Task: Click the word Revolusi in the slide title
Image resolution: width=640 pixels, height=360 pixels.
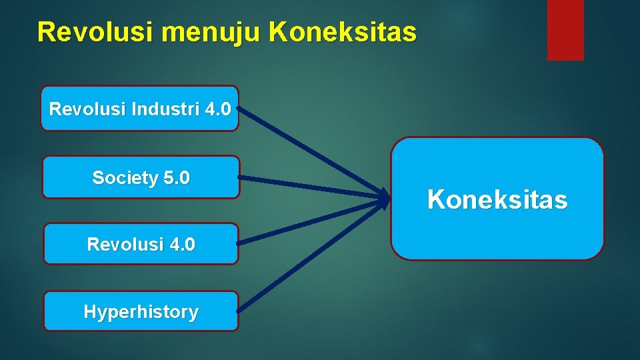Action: [x=77, y=31]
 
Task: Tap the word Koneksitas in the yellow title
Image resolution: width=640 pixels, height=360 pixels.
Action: [x=343, y=31]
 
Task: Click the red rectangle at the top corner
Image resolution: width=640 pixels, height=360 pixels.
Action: [x=565, y=29]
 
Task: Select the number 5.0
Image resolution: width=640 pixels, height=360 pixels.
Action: [x=176, y=178]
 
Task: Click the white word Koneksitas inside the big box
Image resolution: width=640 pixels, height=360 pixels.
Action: [x=497, y=199]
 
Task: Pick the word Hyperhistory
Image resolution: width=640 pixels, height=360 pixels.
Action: [x=141, y=312]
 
